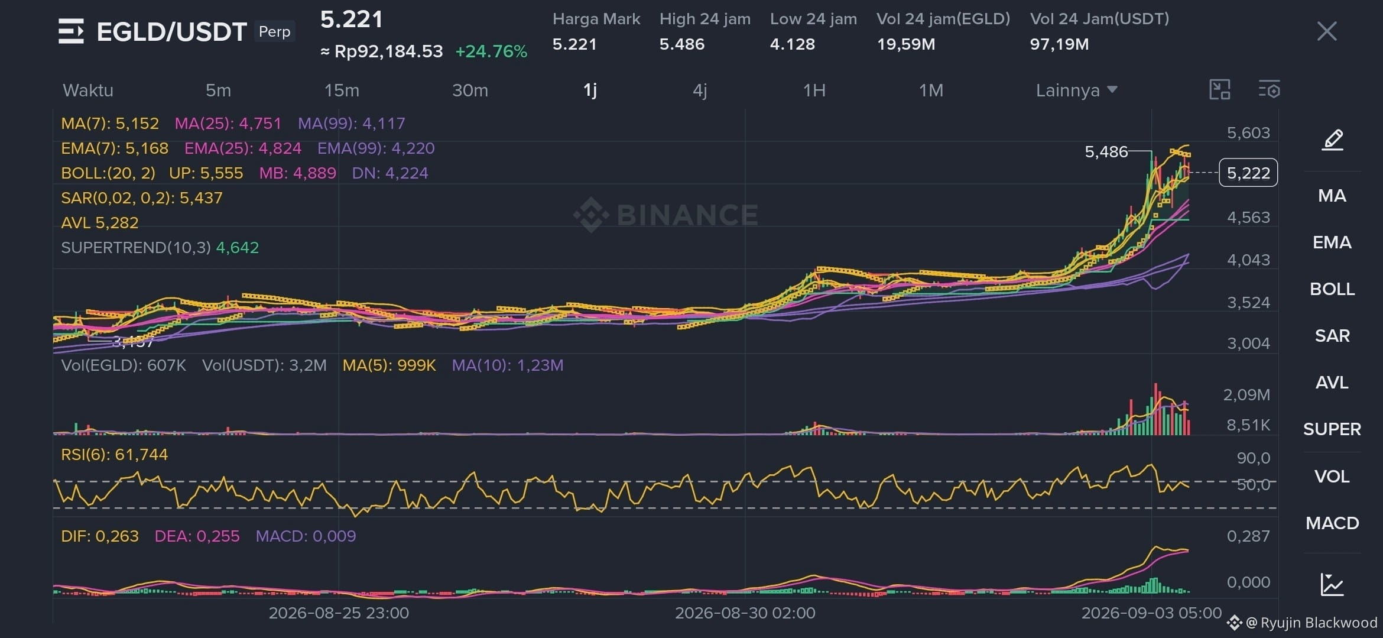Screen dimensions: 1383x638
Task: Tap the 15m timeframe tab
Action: (342, 90)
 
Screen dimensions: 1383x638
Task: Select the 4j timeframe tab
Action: (700, 90)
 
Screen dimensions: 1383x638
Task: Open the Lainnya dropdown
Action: (1076, 90)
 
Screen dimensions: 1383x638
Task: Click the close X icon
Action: (1327, 31)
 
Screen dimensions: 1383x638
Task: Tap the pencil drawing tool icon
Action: (1333, 140)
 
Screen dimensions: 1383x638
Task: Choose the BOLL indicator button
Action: (1332, 289)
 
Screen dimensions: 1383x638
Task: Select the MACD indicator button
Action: (1332, 523)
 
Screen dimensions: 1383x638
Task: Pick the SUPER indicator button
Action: (1332, 429)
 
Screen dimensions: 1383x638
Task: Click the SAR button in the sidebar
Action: (1332, 336)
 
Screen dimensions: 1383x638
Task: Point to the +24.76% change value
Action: (491, 51)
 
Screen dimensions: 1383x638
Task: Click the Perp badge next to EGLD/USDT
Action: (275, 31)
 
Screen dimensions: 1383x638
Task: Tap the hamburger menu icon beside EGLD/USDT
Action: (71, 31)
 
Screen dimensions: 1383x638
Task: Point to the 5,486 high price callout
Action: (1106, 152)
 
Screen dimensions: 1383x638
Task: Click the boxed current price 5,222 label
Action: (1248, 173)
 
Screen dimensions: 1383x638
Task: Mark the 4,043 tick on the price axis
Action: (1248, 260)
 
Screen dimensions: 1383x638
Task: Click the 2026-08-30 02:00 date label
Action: (745, 613)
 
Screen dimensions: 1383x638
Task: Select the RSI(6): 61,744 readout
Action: (115, 455)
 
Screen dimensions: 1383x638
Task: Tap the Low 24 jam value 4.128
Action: (792, 44)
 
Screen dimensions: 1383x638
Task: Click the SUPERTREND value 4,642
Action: (238, 247)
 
